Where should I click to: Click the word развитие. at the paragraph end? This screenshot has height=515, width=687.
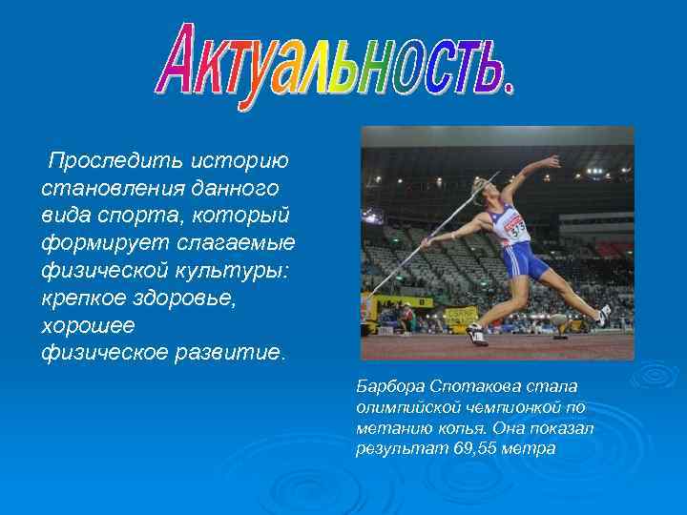tap(231, 353)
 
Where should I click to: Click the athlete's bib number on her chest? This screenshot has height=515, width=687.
tap(516, 230)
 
